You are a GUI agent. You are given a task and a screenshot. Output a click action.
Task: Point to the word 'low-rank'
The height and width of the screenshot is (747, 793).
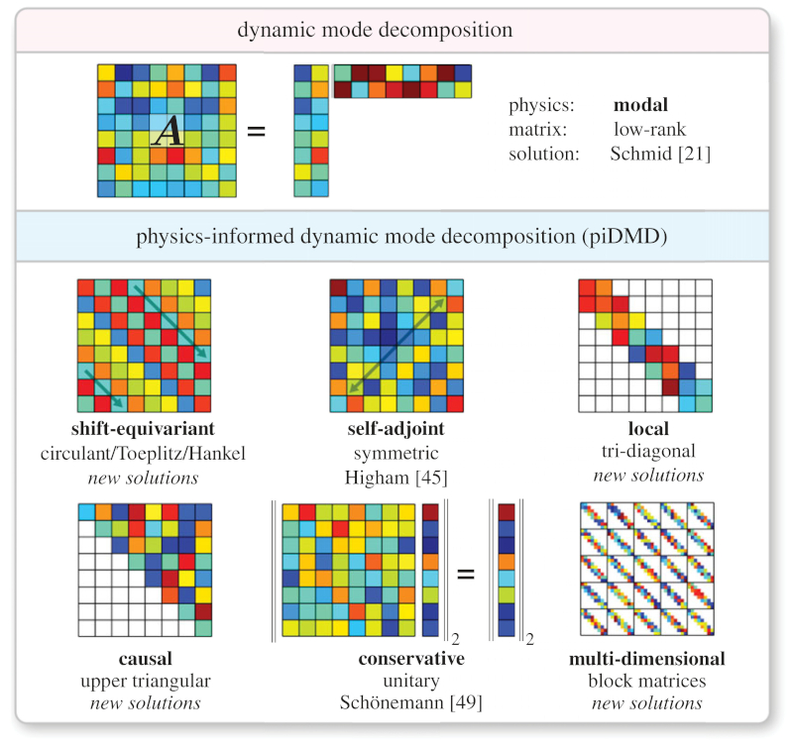pyautogui.click(x=649, y=131)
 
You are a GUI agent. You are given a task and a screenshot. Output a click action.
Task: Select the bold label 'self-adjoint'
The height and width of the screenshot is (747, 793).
pyautogui.click(x=396, y=430)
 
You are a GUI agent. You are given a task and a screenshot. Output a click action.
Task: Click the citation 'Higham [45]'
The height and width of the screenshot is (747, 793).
pyautogui.click(x=396, y=476)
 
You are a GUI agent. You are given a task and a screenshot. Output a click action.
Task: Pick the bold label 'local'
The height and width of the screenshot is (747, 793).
pyautogui.click(x=648, y=430)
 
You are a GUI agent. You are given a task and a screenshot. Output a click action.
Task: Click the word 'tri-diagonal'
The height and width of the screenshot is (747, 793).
pyautogui.click(x=648, y=453)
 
